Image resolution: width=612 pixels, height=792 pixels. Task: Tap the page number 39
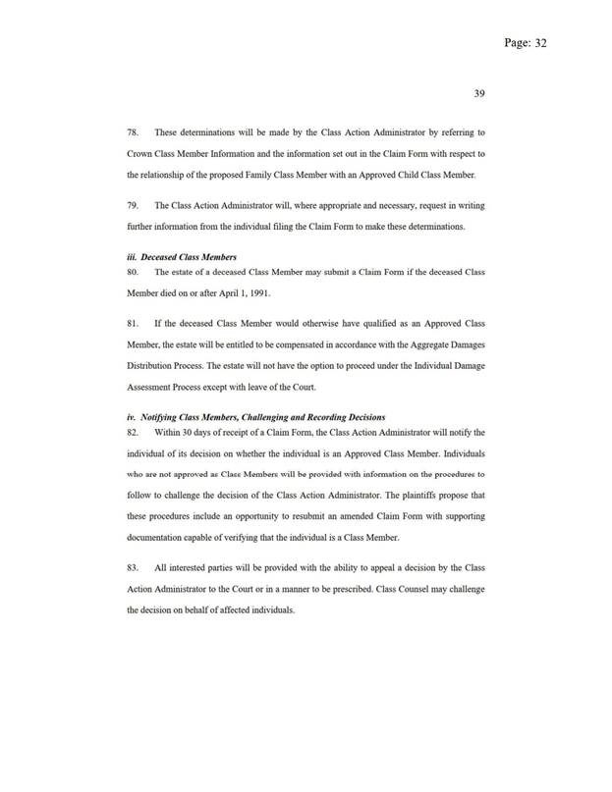[478, 93]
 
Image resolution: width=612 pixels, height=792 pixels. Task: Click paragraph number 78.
[135, 132]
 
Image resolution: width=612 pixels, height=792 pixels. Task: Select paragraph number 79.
[135, 206]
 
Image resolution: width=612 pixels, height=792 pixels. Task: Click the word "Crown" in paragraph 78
[143, 154]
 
